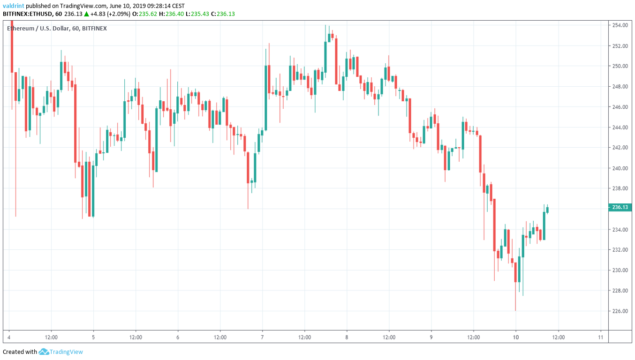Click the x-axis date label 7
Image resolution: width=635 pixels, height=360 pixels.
point(262,337)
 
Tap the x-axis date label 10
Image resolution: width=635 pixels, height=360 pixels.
point(515,337)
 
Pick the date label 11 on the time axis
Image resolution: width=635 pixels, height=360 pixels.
point(600,337)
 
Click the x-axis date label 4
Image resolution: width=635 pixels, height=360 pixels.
point(9,337)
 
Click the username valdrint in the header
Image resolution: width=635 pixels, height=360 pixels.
point(14,6)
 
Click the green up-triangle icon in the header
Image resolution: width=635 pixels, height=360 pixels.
point(86,14)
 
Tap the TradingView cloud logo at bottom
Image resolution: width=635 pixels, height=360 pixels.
point(44,352)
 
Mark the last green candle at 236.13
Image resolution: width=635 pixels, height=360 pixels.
point(547,210)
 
